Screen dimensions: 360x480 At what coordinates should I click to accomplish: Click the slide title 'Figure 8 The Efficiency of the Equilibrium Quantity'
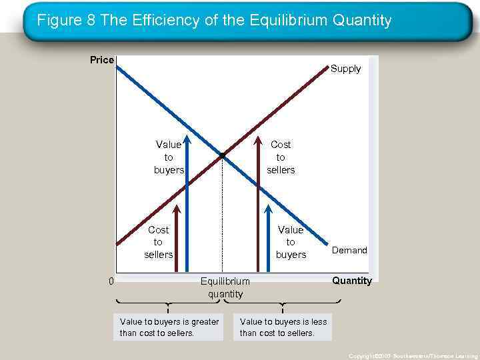click(x=214, y=21)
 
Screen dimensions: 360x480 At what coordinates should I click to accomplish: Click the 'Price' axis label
click(x=102, y=60)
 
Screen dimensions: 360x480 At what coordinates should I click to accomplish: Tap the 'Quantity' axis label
click(x=352, y=281)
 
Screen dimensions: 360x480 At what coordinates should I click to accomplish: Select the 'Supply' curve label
click(x=345, y=69)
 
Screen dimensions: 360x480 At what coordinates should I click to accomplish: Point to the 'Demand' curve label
click(x=349, y=250)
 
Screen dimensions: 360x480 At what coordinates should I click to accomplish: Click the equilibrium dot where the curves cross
click(x=222, y=155)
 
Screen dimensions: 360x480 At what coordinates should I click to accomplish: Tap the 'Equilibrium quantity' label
click(x=225, y=287)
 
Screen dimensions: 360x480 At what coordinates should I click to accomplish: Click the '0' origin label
click(x=111, y=281)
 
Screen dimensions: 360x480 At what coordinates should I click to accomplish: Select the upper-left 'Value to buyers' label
click(x=169, y=157)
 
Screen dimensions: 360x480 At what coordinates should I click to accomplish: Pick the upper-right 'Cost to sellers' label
click(x=281, y=157)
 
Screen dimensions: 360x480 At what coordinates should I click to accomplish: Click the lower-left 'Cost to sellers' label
click(x=158, y=242)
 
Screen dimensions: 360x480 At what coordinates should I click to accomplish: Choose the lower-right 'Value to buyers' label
click(x=291, y=242)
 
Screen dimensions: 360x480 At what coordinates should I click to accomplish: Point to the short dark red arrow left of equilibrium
click(x=176, y=240)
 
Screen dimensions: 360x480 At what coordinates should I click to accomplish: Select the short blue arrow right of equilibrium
click(x=267, y=240)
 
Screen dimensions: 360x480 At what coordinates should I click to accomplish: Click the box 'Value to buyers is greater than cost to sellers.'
click(x=169, y=327)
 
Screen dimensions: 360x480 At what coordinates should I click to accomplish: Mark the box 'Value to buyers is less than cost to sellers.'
click(x=283, y=327)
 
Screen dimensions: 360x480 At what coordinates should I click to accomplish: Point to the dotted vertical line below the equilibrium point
click(x=222, y=220)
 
